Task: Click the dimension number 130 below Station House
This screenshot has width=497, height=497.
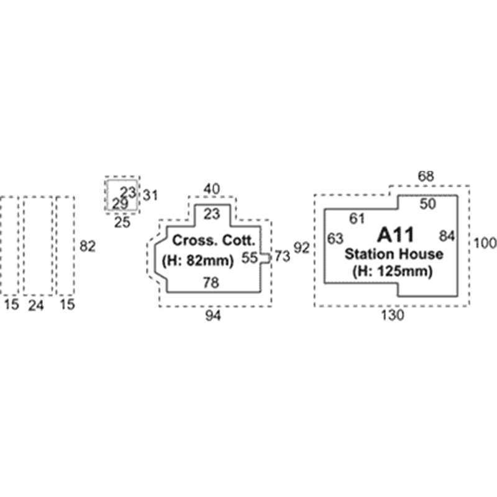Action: [x=393, y=316]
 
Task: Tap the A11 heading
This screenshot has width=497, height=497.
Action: [x=396, y=235]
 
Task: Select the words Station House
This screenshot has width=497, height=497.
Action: [x=394, y=254]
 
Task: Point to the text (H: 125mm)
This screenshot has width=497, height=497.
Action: [x=393, y=271]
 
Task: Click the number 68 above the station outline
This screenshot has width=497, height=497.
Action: [x=426, y=176]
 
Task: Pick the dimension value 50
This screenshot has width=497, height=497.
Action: [x=428, y=204]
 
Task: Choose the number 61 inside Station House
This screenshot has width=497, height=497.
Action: [x=357, y=219]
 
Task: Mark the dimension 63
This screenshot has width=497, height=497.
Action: [x=335, y=239]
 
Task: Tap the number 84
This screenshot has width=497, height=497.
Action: [x=447, y=236]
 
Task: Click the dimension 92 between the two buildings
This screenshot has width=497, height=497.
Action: [x=301, y=248]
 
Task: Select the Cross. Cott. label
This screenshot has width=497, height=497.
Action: [x=213, y=240]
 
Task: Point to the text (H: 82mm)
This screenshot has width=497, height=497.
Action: [x=198, y=260]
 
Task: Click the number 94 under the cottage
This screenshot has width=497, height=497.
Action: [x=213, y=316]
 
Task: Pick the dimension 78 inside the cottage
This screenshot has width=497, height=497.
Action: [x=211, y=283]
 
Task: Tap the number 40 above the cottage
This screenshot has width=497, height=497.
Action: [x=211, y=189]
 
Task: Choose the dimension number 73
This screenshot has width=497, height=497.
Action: [x=282, y=257]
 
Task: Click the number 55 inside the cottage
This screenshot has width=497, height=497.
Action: [x=250, y=258]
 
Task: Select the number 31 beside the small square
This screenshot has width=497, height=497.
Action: [x=150, y=196]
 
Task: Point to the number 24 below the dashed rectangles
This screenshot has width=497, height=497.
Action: [x=36, y=306]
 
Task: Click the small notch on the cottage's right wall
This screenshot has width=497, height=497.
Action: [x=266, y=258]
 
